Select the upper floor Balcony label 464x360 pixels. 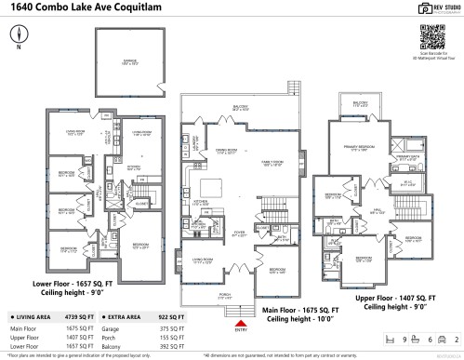tap(360, 106)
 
